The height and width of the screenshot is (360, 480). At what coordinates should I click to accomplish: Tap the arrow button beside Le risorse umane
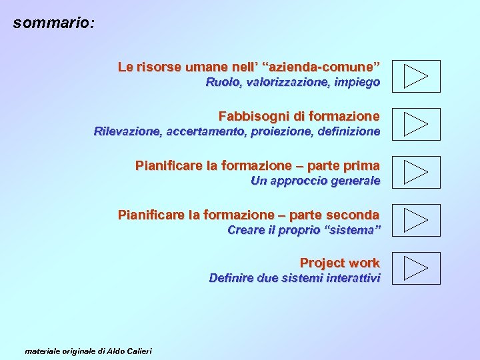tap(416, 76)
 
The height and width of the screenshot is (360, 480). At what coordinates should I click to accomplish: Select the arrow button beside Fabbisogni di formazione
tap(416, 124)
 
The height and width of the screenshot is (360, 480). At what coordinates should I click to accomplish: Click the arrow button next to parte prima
tap(416, 172)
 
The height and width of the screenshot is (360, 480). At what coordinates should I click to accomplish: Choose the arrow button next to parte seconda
tap(416, 220)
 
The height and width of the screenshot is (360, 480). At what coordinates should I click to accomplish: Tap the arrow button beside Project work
tap(416, 268)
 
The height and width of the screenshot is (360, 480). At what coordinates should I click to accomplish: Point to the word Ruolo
tap(223, 83)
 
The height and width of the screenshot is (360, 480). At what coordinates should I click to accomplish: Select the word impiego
tap(357, 83)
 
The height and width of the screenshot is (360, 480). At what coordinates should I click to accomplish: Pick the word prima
tap(362, 165)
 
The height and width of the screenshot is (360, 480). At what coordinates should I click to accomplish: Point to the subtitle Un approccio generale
tap(315, 181)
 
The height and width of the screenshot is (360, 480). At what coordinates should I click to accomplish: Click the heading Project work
tap(339, 263)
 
